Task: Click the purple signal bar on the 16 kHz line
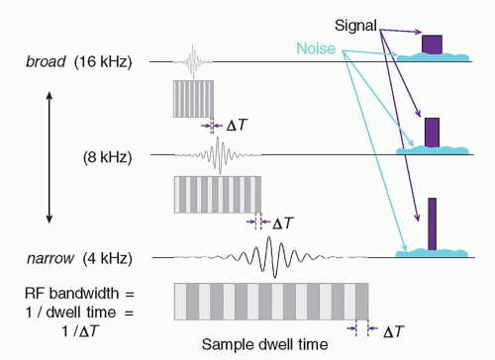pyautogui.click(x=432, y=45)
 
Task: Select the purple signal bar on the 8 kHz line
pyautogui.click(x=432, y=132)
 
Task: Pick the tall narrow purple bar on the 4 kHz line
pyautogui.click(x=433, y=224)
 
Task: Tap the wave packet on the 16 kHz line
pyautogui.click(x=192, y=62)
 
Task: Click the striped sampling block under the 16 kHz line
pyautogui.click(x=193, y=99)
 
